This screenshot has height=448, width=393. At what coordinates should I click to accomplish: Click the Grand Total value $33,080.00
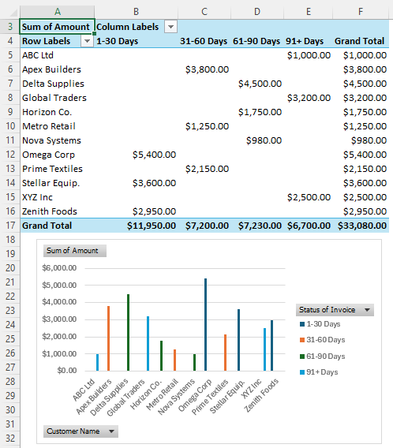[x=361, y=226]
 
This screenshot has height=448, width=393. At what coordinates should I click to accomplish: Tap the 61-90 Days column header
[x=256, y=41]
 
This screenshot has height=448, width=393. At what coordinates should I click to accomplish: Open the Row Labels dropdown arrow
[x=86, y=41]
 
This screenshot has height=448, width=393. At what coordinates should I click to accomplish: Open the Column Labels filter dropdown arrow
[x=170, y=27]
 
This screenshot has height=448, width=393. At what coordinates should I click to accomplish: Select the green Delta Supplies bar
[x=128, y=332]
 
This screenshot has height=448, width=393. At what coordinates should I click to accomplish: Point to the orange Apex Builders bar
[x=108, y=338]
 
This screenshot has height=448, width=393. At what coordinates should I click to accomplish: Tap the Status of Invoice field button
[x=335, y=310]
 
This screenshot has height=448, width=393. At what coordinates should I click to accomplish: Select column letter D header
[x=256, y=11]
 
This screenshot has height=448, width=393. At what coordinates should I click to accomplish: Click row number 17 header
[x=10, y=226]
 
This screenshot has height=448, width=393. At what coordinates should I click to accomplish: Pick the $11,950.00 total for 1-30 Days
[x=152, y=226]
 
